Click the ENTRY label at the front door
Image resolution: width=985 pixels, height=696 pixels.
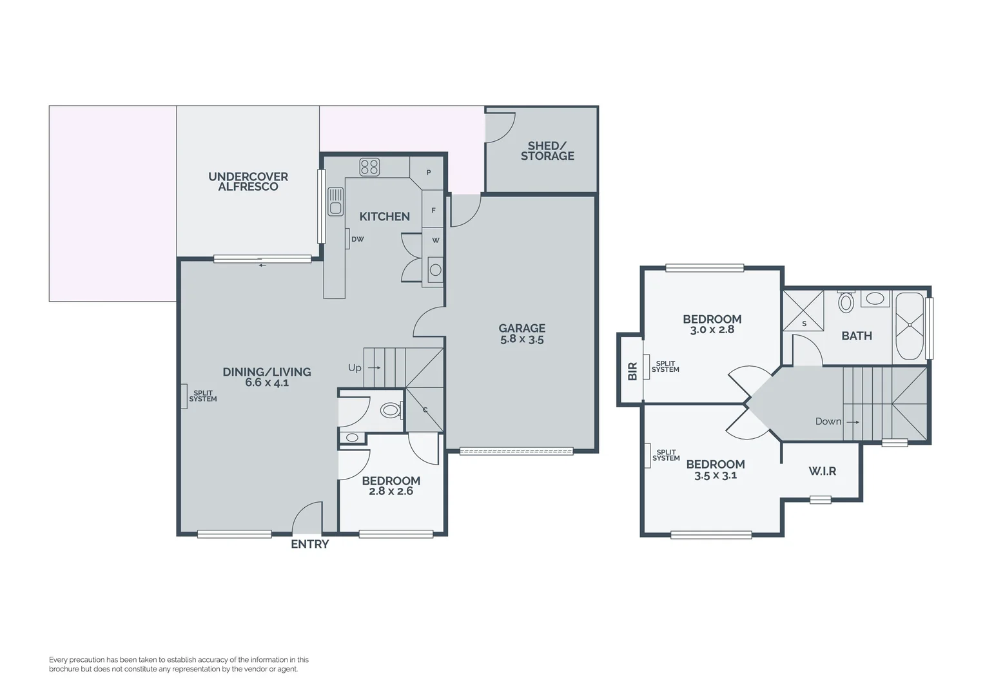click(309, 545)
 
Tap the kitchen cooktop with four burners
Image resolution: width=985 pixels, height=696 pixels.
click(369, 168)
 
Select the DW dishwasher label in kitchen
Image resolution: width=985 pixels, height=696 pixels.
click(358, 239)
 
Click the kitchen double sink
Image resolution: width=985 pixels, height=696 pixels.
click(335, 200)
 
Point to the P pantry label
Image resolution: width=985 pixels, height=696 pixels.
click(429, 173)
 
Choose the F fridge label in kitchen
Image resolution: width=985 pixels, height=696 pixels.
click(433, 210)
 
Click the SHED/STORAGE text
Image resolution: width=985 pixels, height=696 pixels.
click(547, 151)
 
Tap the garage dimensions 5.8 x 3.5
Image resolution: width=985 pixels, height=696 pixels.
click(522, 340)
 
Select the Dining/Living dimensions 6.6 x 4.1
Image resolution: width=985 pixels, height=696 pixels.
click(266, 383)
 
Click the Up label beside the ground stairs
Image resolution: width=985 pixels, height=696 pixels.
click(355, 368)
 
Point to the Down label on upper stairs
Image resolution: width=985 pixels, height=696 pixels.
click(828, 421)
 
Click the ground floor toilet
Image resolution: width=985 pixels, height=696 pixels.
click(390, 410)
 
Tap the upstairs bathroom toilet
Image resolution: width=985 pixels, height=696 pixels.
click(846, 302)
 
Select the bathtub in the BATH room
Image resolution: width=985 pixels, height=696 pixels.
click(909, 326)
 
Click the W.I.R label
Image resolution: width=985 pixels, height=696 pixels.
click(822, 472)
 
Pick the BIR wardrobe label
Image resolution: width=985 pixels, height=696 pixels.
click(632, 371)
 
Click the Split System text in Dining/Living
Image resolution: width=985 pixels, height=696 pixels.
click(202, 396)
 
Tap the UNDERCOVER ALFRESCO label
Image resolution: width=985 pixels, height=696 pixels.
click(248, 182)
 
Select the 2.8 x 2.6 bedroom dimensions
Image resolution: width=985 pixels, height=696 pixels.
click(391, 492)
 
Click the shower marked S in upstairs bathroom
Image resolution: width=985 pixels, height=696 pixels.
click(803, 311)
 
